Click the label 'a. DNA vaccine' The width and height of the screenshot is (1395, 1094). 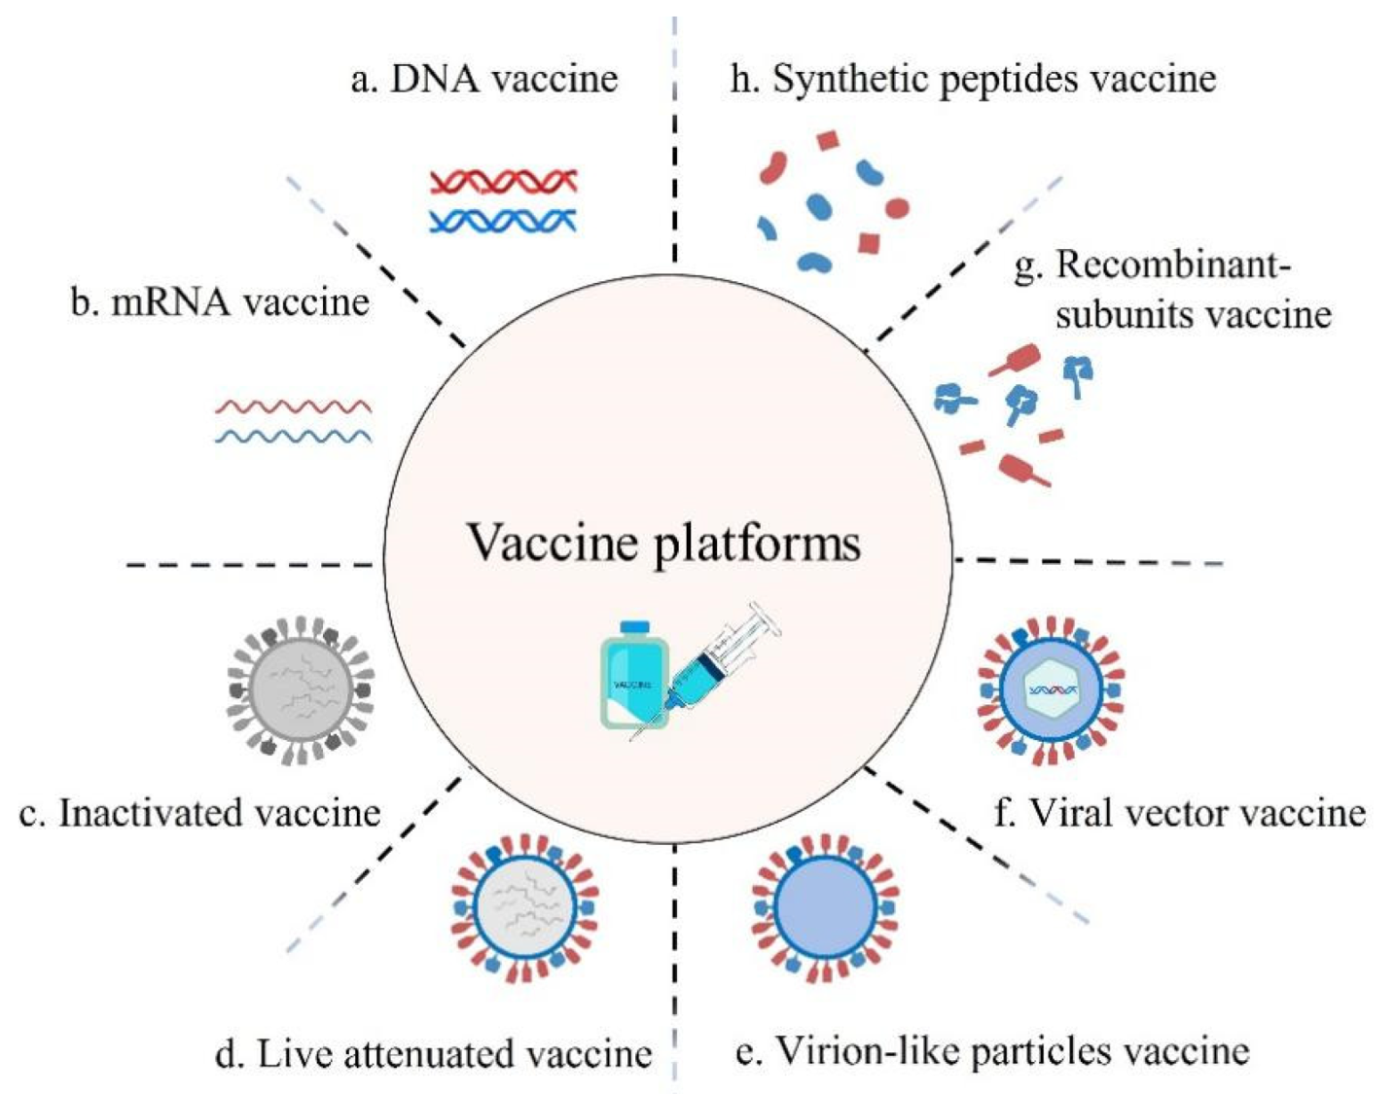pos(484,79)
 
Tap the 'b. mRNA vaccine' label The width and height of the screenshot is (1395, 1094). pos(220,301)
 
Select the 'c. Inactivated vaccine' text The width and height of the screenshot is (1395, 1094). pos(199,813)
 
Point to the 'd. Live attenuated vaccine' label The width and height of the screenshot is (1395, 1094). pos(433,1053)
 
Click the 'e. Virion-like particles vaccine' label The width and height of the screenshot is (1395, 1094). pos(992,1052)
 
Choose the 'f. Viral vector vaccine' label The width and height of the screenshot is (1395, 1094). pos(1180,813)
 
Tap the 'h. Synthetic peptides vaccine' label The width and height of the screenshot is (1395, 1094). pos(973,80)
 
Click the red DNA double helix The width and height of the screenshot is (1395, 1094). pos(504,182)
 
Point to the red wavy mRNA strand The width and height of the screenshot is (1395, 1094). pos(294,406)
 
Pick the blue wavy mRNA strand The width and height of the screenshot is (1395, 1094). pos(294,437)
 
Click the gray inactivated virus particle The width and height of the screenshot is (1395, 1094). pos(301,690)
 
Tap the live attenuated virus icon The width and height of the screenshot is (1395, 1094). pos(525,908)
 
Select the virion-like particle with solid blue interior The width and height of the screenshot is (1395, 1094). pos(825,908)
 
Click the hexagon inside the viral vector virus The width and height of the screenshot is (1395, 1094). pos(1053,690)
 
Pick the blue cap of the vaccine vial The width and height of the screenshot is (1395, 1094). pos(634,627)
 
